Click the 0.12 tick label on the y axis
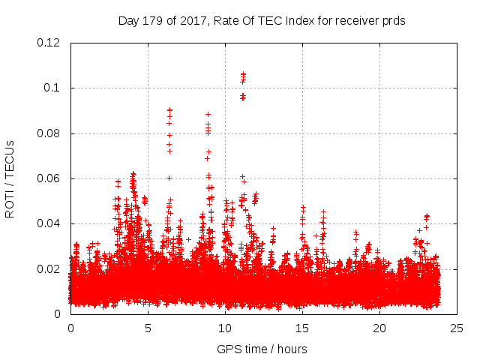click(x=49, y=43)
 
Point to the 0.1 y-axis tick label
click(x=54, y=88)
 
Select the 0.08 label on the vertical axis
click(x=49, y=133)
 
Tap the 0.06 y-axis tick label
click(x=49, y=178)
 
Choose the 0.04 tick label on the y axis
click(x=49, y=223)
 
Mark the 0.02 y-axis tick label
click(x=49, y=268)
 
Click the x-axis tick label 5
click(x=148, y=328)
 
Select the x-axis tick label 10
click(x=225, y=328)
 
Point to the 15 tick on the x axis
click(x=302, y=328)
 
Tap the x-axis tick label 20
click(x=379, y=328)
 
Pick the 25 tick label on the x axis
click(x=457, y=328)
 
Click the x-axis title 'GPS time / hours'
click(x=262, y=349)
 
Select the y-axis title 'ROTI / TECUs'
click(x=10, y=178)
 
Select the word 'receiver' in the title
click(x=352, y=21)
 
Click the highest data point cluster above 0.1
click(x=243, y=75)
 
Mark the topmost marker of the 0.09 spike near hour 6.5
click(x=169, y=110)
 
